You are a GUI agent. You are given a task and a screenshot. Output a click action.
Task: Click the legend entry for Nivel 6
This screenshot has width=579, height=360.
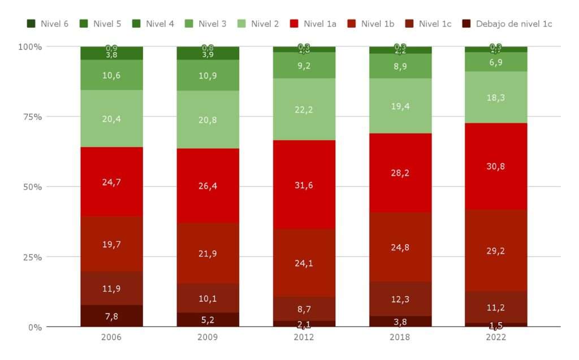pyautogui.click(x=47, y=24)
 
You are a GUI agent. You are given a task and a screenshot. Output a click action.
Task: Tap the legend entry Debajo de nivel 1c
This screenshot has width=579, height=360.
pyautogui.click(x=507, y=24)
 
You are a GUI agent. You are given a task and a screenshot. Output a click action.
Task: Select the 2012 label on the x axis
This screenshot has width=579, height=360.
pyautogui.click(x=304, y=337)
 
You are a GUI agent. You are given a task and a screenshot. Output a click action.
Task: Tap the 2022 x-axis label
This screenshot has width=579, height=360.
pyautogui.click(x=496, y=337)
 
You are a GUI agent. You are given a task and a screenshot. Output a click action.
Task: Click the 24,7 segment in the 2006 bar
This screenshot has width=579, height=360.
pyautogui.click(x=111, y=182)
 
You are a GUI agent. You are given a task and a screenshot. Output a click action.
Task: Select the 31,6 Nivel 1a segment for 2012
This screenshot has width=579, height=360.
pyautogui.click(x=304, y=185)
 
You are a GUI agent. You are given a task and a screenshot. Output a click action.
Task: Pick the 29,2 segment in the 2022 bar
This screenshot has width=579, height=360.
pyautogui.click(x=496, y=250)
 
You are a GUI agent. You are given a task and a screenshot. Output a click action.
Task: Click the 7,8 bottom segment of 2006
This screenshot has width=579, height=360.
pyautogui.click(x=111, y=316)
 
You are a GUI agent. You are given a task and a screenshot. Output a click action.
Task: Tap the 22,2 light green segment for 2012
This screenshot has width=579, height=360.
pyautogui.click(x=304, y=110)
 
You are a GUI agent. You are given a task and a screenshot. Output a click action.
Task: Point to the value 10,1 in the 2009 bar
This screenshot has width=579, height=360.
pyautogui.click(x=208, y=298)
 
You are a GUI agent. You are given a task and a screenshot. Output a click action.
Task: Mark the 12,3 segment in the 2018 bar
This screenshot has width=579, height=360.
pyautogui.click(x=400, y=299)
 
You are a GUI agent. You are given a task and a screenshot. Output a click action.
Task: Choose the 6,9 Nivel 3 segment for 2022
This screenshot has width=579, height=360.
pyautogui.click(x=496, y=62)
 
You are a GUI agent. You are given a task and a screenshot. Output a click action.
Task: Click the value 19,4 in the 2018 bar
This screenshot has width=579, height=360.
pyautogui.click(x=400, y=106)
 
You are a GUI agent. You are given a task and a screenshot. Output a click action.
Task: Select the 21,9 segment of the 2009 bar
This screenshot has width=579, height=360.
pyautogui.click(x=208, y=254)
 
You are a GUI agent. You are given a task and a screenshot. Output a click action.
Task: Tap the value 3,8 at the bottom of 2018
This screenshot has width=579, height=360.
pyautogui.click(x=400, y=322)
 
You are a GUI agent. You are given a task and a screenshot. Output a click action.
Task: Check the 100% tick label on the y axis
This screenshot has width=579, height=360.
pyautogui.click(x=29, y=47)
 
